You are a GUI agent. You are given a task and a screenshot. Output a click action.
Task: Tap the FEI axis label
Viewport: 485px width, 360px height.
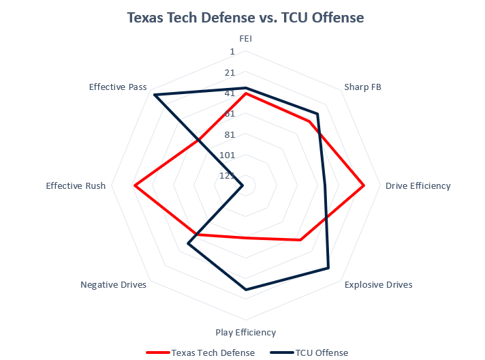click(x=245, y=39)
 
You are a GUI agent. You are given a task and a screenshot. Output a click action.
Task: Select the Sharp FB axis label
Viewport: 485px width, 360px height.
click(x=362, y=87)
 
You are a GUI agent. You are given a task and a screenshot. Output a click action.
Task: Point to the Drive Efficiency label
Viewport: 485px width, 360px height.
click(x=418, y=185)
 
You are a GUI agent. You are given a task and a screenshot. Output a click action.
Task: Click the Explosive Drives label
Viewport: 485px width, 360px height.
click(x=378, y=284)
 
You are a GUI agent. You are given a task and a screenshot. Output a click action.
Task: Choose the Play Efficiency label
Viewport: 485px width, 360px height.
click(x=245, y=332)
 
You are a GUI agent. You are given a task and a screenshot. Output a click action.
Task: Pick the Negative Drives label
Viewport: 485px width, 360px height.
click(x=113, y=284)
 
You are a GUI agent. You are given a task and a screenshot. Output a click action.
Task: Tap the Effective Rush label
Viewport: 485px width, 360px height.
click(x=76, y=185)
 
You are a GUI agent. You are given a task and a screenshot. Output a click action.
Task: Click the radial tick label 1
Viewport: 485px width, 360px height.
click(x=232, y=52)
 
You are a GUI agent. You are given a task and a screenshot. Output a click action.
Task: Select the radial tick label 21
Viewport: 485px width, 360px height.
click(x=229, y=72)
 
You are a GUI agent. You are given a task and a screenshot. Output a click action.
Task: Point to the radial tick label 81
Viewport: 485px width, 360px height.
click(x=229, y=134)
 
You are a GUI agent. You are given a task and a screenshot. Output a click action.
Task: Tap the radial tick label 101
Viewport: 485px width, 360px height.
click(x=227, y=155)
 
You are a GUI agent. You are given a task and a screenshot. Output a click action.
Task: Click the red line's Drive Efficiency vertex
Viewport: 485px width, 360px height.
click(x=364, y=185)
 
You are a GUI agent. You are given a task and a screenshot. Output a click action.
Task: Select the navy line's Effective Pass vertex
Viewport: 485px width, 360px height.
click(x=155, y=95)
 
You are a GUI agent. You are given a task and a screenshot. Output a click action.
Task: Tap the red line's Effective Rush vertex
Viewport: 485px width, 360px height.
click(x=135, y=185)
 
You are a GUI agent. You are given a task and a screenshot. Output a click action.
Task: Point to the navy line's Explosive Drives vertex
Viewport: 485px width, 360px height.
click(x=328, y=268)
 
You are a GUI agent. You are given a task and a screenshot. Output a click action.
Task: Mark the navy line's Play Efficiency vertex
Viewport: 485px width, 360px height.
click(x=245, y=290)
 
